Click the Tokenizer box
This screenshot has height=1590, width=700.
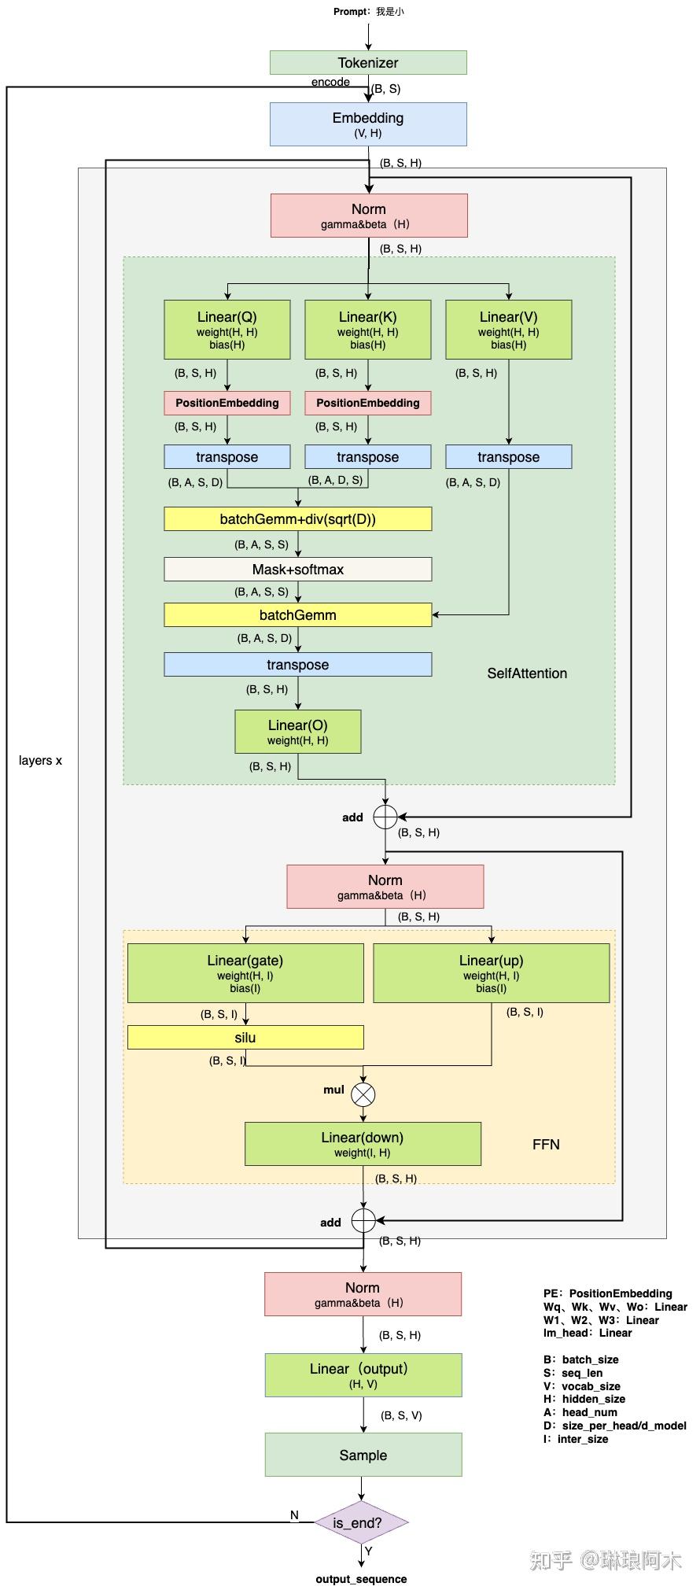click(368, 63)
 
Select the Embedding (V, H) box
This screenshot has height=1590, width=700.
click(368, 124)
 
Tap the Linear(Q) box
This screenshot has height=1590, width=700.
click(227, 330)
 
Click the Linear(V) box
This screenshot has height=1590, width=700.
click(508, 330)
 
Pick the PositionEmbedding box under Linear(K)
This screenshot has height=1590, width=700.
click(367, 403)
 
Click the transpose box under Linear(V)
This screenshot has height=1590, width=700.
click(508, 457)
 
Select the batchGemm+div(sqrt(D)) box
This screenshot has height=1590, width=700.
click(297, 519)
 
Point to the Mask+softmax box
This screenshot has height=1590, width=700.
click(297, 570)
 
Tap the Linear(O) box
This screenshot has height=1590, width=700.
click(297, 732)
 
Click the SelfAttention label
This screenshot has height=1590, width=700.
click(526, 673)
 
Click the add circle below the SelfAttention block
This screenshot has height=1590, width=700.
click(385, 817)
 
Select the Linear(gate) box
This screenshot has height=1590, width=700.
click(245, 973)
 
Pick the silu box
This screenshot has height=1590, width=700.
click(245, 1038)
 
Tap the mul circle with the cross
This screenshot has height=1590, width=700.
click(363, 1094)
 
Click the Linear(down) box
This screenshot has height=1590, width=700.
click(363, 1144)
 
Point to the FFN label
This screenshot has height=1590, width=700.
click(546, 1145)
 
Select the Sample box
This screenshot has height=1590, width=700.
click(363, 1455)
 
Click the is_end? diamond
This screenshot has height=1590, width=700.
click(361, 1522)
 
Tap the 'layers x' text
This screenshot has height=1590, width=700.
click(40, 761)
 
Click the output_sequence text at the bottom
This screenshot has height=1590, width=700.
click(361, 1579)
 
